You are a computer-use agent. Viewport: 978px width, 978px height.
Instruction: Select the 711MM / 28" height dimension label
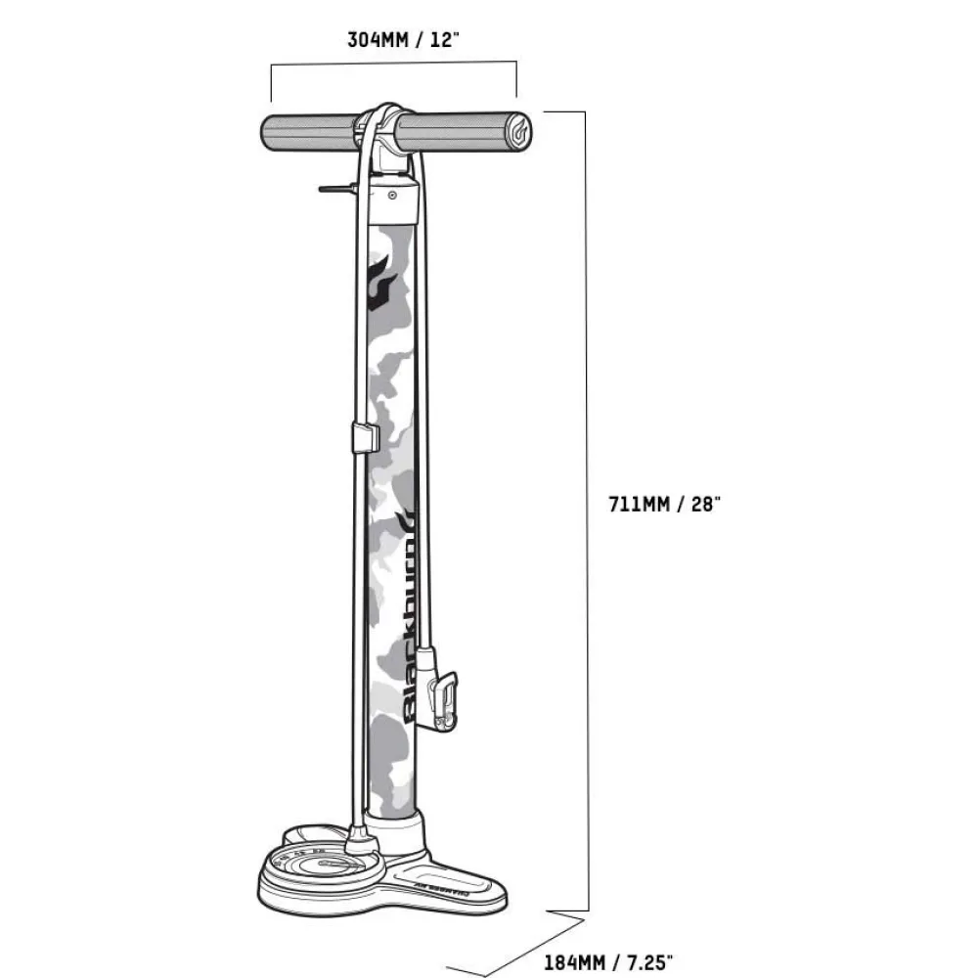point(664,505)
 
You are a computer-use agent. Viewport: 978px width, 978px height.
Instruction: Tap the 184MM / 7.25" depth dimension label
point(608,962)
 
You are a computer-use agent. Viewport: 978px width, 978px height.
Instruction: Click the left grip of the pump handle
point(309,132)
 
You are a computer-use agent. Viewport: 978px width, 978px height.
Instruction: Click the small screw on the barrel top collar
point(392,195)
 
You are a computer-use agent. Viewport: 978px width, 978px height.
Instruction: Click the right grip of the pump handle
point(460,132)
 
